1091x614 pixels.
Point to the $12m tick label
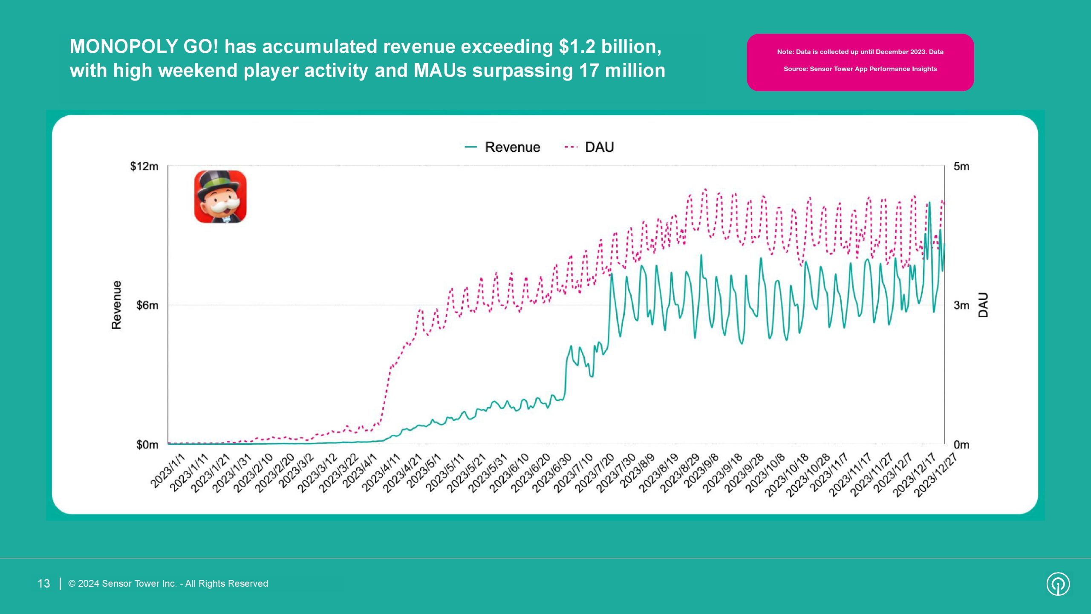pos(144,166)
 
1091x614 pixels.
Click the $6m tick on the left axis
pos(147,305)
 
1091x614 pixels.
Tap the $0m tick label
pos(147,445)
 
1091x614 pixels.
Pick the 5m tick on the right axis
pos(961,166)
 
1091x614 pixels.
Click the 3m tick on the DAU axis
pos(961,305)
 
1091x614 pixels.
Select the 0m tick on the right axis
pos(961,445)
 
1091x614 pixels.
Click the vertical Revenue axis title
pos(116,305)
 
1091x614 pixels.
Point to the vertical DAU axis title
pos(983,305)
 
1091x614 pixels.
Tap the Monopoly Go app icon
pos(220,197)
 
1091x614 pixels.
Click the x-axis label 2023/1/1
pos(168,470)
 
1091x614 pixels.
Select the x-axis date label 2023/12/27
pos(935,475)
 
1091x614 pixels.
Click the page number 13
pos(44,584)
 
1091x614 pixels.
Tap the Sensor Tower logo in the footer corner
pos(1058,584)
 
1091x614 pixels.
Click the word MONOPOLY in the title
pos(123,46)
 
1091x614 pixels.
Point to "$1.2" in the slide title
pos(577,46)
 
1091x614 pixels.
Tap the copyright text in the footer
pos(168,584)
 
